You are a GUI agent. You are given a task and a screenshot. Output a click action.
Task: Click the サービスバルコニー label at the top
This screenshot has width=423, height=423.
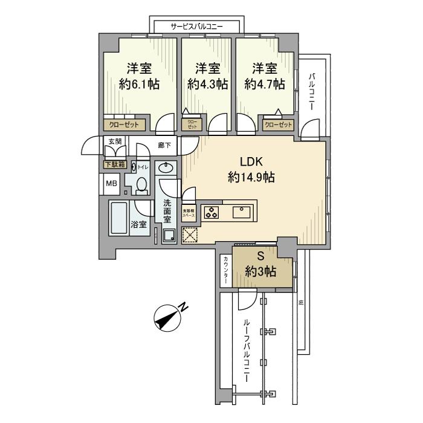(x=196, y=27)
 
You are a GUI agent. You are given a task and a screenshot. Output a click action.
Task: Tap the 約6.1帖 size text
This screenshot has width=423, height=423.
(x=139, y=85)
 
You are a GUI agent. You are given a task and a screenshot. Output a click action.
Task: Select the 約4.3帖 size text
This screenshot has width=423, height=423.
(x=207, y=85)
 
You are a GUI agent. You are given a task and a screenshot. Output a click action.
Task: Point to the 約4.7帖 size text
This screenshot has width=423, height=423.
(x=264, y=85)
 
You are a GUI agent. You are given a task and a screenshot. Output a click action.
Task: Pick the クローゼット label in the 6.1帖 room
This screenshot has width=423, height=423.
(x=124, y=125)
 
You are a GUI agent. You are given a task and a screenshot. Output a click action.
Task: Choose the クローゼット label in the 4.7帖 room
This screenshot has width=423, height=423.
(x=278, y=125)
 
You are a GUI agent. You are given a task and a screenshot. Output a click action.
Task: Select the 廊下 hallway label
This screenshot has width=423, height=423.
(x=164, y=145)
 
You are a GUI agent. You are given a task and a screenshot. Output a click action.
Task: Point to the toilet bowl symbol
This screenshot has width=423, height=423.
(x=141, y=185)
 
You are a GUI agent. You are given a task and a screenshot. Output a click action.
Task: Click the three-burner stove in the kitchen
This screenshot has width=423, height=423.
(x=212, y=213)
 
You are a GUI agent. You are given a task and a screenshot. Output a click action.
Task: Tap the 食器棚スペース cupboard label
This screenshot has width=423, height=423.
(x=190, y=213)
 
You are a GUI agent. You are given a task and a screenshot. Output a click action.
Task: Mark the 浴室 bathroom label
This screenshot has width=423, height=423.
(x=138, y=224)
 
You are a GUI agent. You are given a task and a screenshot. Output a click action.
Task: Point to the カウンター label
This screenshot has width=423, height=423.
(x=225, y=270)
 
